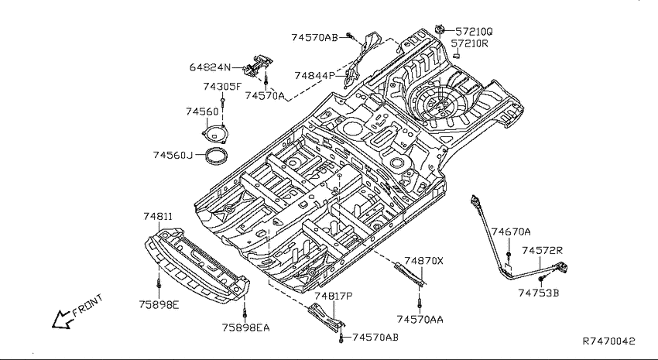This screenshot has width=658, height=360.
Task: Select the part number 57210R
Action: (470, 43)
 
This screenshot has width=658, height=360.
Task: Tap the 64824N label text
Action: (210, 67)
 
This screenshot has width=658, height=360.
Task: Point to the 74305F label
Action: (222, 87)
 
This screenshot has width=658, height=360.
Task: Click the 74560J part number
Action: (173, 156)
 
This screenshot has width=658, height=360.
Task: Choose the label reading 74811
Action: (158, 217)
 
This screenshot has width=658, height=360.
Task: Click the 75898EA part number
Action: (246, 327)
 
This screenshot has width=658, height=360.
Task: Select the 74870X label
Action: (424, 261)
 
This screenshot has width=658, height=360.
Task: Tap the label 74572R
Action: (542, 251)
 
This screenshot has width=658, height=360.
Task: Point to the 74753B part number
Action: (539, 293)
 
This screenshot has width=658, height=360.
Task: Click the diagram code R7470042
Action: (609, 341)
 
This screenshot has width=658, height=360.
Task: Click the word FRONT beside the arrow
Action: (87, 305)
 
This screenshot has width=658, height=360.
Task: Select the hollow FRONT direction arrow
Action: (61, 320)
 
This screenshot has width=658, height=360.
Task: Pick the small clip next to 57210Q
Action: (440, 29)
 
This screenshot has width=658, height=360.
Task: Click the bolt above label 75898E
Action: (159, 283)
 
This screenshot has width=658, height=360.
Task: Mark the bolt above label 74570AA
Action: (420, 304)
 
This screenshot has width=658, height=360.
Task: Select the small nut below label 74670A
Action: (509, 255)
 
